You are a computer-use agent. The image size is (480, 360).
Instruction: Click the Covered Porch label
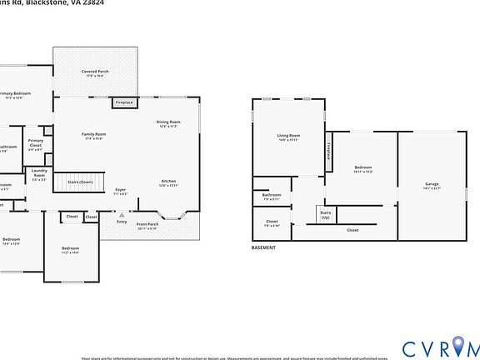pos(94,73)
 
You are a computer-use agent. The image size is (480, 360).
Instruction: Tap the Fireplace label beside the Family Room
pos(124,102)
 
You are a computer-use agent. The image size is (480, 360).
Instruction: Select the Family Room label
pos(93,135)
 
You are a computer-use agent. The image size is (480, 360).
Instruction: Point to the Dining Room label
pos(168,123)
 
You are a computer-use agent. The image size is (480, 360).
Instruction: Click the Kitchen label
pos(168,182)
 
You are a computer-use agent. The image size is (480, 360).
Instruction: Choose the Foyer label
pos(121,191)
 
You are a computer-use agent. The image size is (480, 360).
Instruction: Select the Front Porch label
pos(147,225)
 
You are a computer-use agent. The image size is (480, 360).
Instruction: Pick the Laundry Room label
pos(39,174)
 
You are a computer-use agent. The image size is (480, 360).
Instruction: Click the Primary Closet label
pos(35,144)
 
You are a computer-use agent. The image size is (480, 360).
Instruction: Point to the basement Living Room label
pos(288,137)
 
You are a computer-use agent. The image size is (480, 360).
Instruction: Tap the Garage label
pos(432,185)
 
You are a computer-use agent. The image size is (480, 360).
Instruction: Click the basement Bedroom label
pos(362,169)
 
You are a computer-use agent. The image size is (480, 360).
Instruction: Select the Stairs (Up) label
pos(325,215)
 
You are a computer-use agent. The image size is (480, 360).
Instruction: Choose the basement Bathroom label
pos(272,197)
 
